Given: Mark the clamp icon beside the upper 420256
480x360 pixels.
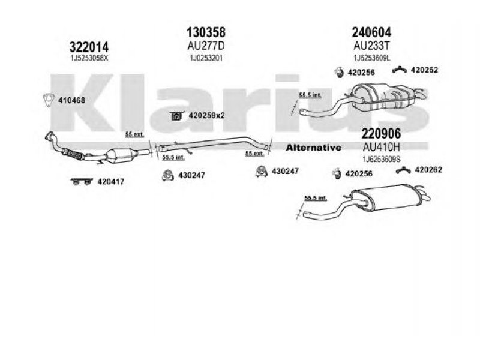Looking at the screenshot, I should [x=338, y=73].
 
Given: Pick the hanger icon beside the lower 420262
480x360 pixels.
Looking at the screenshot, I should [x=403, y=171].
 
